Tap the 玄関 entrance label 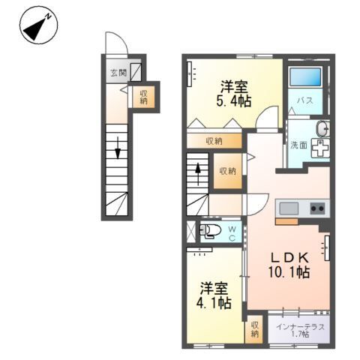[x=117, y=73]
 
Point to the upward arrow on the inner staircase [x=197, y=171]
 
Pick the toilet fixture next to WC [x=210, y=229]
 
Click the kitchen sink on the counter [x=289, y=208]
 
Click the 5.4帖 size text [x=235, y=100]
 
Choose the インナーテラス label [x=300, y=326]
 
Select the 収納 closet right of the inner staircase [x=227, y=171]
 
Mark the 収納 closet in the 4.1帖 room [x=255, y=328]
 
